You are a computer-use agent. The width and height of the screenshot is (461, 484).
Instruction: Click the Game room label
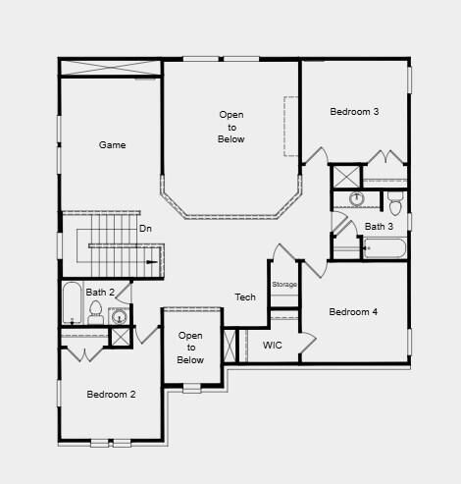[x=113, y=145]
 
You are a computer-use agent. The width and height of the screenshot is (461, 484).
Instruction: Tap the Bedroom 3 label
[x=354, y=112]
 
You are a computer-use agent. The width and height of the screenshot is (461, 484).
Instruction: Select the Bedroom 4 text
[x=353, y=312]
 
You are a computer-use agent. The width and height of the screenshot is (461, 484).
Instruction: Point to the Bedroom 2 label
[x=111, y=395]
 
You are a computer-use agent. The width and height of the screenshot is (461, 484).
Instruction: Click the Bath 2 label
[x=100, y=293]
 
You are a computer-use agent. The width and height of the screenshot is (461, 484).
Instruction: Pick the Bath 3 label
[x=379, y=227]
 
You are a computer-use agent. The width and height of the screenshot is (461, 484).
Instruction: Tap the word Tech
[x=245, y=297]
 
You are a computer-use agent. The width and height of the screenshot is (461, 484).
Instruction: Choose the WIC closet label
[x=273, y=346]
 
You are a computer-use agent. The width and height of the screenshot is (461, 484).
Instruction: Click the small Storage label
[x=284, y=285]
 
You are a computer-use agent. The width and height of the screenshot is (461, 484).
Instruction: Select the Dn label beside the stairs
[x=145, y=229]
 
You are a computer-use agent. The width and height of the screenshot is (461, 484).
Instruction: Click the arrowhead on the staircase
[x=152, y=262]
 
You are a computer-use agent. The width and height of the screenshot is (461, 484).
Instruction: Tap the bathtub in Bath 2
[x=72, y=303]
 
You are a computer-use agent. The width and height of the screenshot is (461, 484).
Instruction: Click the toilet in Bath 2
[x=96, y=313]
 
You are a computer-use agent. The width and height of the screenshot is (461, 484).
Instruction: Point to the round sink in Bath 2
[x=119, y=316]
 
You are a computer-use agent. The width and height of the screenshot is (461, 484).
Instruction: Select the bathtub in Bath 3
[x=384, y=246]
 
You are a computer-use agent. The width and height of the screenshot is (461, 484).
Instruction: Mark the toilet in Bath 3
[x=395, y=203]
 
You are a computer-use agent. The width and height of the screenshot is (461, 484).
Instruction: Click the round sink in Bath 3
[x=357, y=199]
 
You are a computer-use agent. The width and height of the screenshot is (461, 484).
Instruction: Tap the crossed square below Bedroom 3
[x=345, y=177]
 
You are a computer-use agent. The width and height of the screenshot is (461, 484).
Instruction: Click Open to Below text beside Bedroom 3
[x=231, y=127]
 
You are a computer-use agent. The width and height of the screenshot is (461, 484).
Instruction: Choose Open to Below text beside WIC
[x=190, y=348]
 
